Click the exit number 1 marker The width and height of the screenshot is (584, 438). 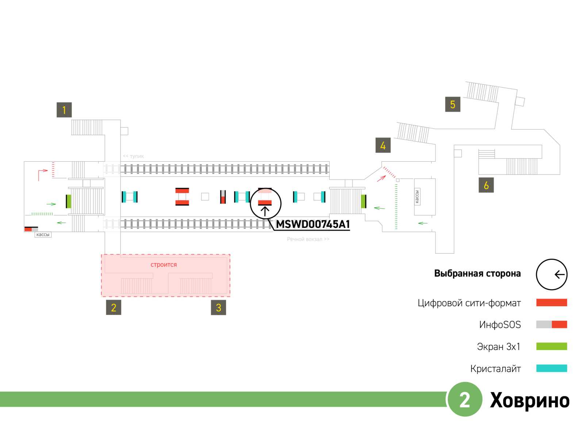[x=64, y=110]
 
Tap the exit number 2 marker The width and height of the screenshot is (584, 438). [x=114, y=307]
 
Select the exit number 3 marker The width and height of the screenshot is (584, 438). [x=218, y=307]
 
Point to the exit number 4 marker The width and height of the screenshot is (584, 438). [x=383, y=145]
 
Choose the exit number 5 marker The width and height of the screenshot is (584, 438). [x=453, y=104]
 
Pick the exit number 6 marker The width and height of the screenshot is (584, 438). [x=486, y=185]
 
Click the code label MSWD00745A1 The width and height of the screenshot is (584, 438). [x=313, y=224]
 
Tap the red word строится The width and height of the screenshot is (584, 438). [x=164, y=265]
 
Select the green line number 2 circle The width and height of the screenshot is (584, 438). [x=465, y=399]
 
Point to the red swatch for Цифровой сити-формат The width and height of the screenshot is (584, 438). [x=552, y=303]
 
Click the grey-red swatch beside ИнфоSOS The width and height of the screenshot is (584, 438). [x=552, y=324]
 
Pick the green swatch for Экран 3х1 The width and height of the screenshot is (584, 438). [x=552, y=346]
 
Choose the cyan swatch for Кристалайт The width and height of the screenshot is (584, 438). [x=552, y=368]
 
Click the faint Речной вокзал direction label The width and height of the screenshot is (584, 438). [x=308, y=239]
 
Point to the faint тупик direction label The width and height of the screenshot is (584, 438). [x=134, y=156]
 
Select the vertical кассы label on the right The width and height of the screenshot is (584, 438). [x=417, y=197]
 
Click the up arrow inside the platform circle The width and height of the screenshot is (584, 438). [x=265, y=211]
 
